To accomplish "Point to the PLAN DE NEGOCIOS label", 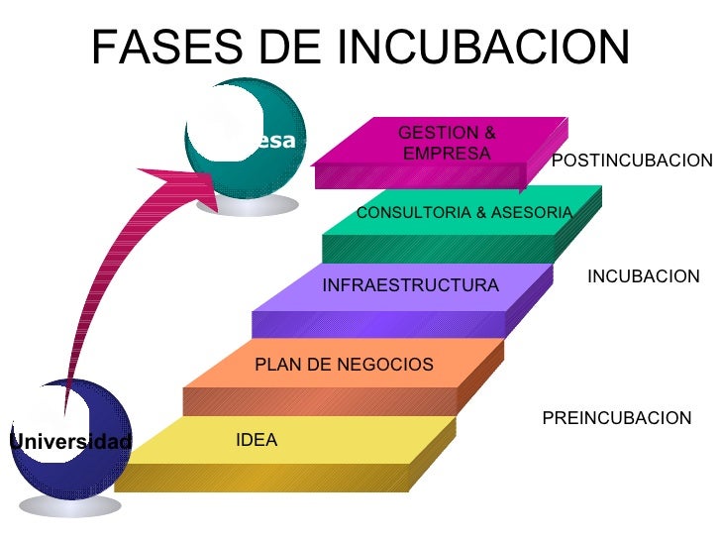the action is (x=344, y=365).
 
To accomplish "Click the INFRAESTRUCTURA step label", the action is (x=410, y=286).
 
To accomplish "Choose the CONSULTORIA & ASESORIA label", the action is (x=463, y=213).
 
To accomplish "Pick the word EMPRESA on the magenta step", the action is (x=446, y=154).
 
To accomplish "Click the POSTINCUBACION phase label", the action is (x=631, y=161).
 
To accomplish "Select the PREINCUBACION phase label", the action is (x=616, y=419).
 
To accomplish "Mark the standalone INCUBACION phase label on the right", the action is (x=643, y=277).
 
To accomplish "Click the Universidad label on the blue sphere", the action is (x=69, y=442).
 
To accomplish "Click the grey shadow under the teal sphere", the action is (x=249, y=204).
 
